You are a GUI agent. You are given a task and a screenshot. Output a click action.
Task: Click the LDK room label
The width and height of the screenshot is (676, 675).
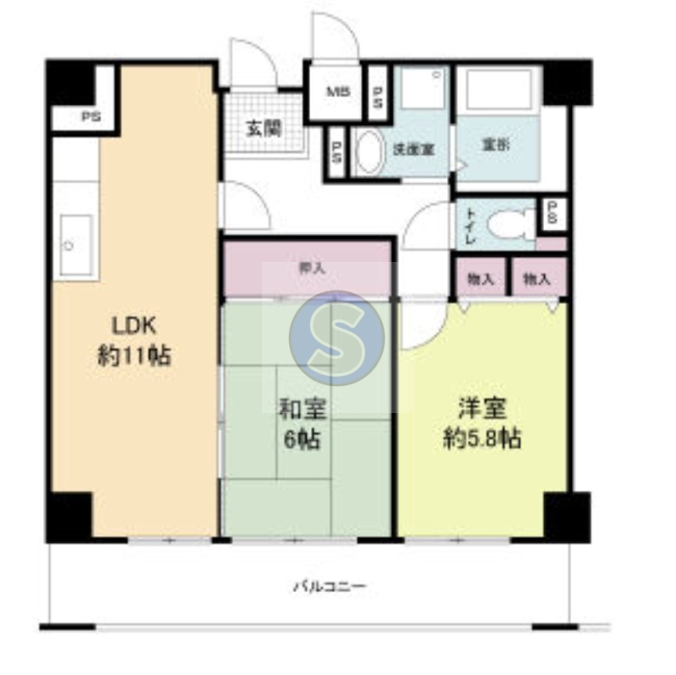131,325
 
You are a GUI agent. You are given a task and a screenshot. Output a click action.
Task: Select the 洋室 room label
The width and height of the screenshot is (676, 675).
482,409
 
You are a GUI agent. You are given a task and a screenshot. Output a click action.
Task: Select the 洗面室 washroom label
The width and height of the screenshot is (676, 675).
413,149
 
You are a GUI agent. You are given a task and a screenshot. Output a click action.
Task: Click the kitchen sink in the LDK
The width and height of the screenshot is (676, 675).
76,245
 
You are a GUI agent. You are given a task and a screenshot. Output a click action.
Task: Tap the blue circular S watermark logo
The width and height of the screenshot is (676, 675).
336,337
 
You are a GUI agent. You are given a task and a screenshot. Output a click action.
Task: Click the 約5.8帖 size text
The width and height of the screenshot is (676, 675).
482,438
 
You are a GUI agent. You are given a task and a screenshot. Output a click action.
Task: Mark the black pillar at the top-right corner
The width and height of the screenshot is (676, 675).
564,83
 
